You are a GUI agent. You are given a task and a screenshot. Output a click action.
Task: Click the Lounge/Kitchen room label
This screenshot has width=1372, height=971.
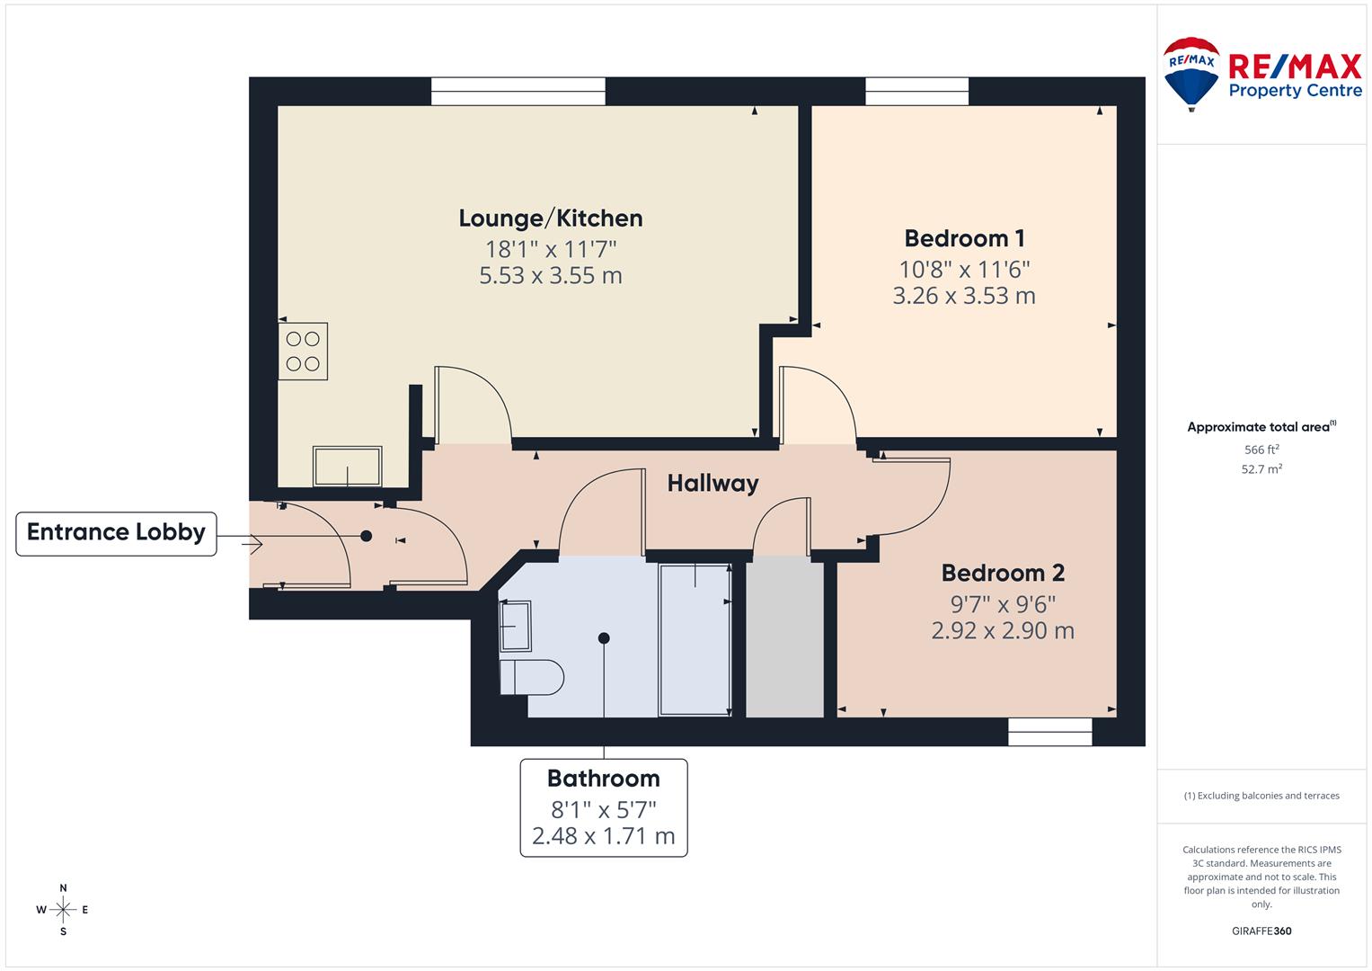click(550, 218)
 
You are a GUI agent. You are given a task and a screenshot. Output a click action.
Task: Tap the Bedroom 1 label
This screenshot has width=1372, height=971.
click(964, 238)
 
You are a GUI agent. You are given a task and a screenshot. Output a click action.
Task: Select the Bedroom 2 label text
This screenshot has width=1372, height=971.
click(1003, 573)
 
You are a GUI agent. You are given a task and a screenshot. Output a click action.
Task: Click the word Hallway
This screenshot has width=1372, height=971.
click(713, 484)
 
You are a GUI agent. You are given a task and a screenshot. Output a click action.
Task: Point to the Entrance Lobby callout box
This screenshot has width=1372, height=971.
click(116, 532)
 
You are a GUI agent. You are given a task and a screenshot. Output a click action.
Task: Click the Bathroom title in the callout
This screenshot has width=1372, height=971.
click(603, 779)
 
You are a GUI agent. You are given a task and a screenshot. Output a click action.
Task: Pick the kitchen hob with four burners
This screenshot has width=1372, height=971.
click(303, 352)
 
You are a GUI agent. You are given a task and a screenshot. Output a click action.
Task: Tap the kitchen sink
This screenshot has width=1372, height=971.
click(347, 466)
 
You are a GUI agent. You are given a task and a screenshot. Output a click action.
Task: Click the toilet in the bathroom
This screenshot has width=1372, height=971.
click(530, 676)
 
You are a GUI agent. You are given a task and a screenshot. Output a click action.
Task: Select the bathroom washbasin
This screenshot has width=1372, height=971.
click(515, 626)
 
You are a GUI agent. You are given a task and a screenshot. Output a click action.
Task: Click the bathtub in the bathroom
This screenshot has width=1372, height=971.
click(695, 640)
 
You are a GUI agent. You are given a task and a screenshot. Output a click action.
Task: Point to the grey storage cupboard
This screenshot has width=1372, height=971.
click(785, 638)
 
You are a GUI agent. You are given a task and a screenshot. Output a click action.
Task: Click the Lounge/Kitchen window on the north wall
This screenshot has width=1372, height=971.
click(518, 92)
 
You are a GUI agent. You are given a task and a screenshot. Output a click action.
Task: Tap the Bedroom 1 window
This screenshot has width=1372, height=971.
click(917, 92)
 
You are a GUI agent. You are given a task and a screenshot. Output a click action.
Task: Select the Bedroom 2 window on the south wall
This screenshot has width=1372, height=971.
click(1049, 732)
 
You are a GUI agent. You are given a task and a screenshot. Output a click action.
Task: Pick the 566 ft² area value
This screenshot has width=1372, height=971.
click(1261, 450)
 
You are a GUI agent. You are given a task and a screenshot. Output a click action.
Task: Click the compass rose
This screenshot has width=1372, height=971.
click(63, 910)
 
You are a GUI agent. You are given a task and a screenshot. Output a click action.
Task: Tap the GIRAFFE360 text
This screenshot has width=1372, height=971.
click(1261, 931)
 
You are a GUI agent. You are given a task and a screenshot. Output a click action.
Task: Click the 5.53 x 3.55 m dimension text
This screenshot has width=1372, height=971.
click(550, 276)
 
